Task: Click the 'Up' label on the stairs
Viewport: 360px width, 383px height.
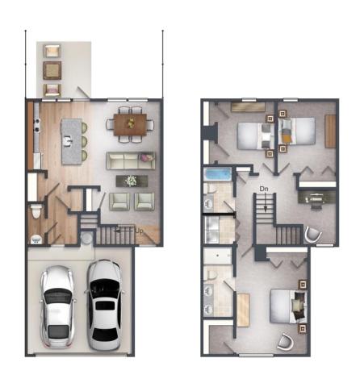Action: click(x=139, y=231)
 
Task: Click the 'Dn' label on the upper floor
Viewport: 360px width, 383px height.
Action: click(x=264, y=189)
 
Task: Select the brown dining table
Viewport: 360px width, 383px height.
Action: click(x=130, y=124)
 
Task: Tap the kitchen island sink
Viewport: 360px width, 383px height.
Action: click(x=66, y=140)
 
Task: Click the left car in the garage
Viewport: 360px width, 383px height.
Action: click(x=57, y=306)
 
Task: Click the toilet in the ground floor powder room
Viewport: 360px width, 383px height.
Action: click(x=36, y=211)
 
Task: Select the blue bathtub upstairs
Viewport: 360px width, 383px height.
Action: click(x=218, y=174)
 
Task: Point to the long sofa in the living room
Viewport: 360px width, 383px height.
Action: click(x=131, y=160)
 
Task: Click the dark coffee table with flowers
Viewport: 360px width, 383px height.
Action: click(x=132, y=181)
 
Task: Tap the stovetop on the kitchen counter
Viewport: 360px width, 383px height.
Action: click(x=36, y=126)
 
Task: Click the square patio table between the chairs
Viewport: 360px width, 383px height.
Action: click(x=52, y=70)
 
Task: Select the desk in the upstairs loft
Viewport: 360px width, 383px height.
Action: click(x=316, y=197)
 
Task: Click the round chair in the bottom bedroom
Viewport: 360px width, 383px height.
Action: click(x=286, y=342)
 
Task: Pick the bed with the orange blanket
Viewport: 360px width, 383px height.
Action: click(x=297, y=131)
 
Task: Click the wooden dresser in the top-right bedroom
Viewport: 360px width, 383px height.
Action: click(x=330, y=131)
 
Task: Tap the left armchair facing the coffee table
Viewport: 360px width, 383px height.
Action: click(x=119, y=202)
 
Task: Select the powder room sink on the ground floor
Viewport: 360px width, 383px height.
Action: click(x=36, y=239)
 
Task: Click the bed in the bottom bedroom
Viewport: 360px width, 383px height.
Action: click(x=289, y=306)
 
